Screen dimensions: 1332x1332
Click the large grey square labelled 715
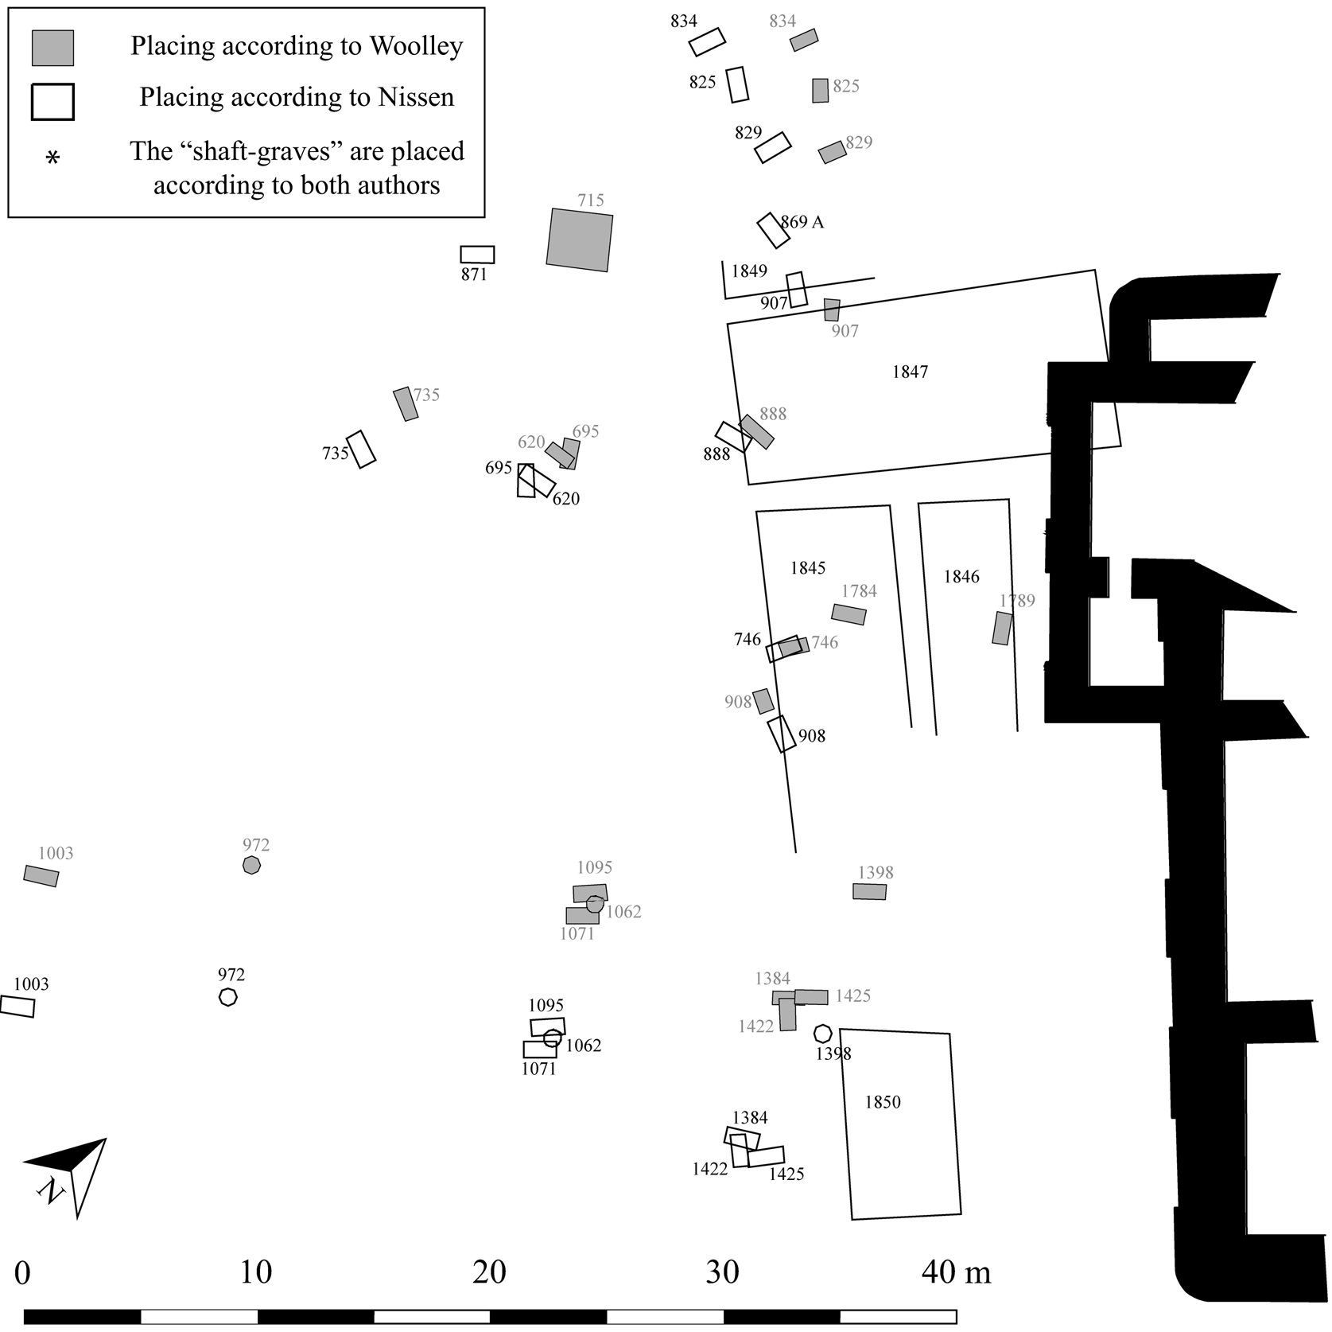580,240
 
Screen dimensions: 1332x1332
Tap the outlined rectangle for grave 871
477,255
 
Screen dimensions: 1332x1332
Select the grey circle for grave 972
251,865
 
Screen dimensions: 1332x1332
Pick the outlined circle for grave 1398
823,1034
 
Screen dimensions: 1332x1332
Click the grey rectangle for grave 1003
41,876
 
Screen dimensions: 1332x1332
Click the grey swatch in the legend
52,48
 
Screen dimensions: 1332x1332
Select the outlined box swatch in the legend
52,102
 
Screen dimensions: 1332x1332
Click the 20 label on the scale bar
489,1272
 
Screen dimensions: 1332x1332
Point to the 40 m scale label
956,1272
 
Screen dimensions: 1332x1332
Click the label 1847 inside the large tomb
910,372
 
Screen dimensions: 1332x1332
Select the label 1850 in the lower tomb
883,1102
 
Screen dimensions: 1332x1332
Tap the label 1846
961,577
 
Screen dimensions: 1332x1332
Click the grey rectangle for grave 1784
849,614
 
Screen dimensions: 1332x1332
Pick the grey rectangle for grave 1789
1002,628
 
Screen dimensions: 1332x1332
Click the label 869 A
802,222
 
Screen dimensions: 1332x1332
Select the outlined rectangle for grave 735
361,450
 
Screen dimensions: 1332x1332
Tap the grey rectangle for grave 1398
869,892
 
